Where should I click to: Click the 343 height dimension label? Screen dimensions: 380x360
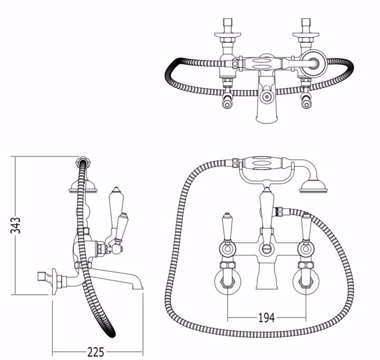[x=15, y=225]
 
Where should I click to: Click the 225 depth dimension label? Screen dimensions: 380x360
[x=96, y=352]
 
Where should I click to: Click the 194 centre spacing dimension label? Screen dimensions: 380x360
[x=267, y=318]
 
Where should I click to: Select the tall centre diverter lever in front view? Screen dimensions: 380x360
[x=267, y=211]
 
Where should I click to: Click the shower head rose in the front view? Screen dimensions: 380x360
[x=313, y=187]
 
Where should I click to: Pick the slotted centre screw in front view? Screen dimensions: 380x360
[x=267, y=248]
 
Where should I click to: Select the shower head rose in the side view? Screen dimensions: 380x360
[x=83, y=188]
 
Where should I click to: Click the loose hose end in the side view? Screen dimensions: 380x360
[x=112, y=334]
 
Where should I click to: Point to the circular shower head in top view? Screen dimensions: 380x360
[x=313, y=62]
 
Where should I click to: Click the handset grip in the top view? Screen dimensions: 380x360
[x=263, y=64]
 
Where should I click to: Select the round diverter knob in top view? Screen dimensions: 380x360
[x=267, y=97]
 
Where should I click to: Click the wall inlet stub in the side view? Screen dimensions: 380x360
[x=43, y=276]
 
